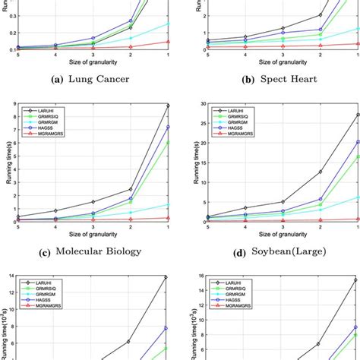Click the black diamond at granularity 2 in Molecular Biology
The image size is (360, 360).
[130, 189]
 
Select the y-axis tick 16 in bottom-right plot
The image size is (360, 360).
[194, 277]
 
